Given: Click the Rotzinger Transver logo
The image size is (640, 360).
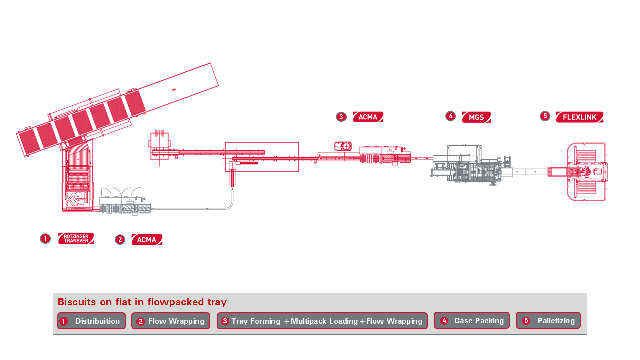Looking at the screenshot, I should pyautogui.click(x=76, y=239).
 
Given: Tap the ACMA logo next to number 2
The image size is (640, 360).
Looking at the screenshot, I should pyautogui.click(x=147, y=240).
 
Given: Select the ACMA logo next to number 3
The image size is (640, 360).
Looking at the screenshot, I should pyautogui.click(x=368, y=117).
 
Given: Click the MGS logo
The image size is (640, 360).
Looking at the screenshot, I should pyautogui.click(x=476, y=117).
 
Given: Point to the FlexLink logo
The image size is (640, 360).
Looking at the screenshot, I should pyautogui.click(x=580, y=117).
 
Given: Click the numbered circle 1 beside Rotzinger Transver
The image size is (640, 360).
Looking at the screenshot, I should pyautogui.click(x=45, y=239).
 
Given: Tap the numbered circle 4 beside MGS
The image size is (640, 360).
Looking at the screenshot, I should pyautogui.click(x=450, y=116).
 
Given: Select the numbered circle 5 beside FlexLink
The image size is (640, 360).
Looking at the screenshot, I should pyautogui.click(x=545, y=116).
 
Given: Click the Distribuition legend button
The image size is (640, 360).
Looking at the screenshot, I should pyautogui.click(x=91, y=321).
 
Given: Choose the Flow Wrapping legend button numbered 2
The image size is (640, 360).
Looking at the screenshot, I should pyautogui.click(x=171, y=321).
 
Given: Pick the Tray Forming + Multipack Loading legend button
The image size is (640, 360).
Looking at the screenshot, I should pyautogui.click(x=322, y=321).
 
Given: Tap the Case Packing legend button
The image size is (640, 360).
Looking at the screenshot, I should pyautogui.click(x=472, y=320).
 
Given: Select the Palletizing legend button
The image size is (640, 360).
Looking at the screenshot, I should pyautogui.click(x=548, y=320).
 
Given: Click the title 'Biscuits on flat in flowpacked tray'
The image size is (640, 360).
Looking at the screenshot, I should pyautogui.click(x=142, y=302).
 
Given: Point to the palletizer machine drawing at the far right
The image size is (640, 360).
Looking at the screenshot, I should pyautogui.click(x=586, y=172).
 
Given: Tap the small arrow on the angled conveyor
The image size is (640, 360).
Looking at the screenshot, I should pyautogui.click(x=174, y=89).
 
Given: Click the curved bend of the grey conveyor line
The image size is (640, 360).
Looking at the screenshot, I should pyautogui.click(x=230, y=204).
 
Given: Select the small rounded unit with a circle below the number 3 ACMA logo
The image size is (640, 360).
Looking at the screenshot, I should pyautogui.click(x=343, y=146).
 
